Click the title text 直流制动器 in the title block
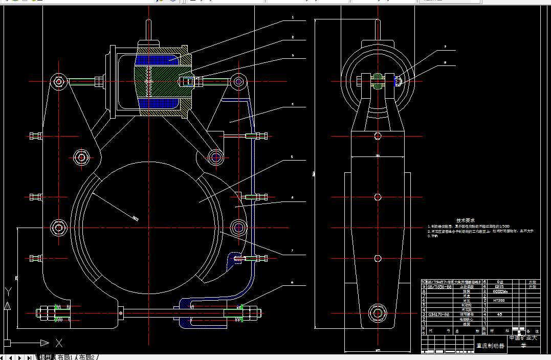(490, 346)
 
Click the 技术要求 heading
(476, 219)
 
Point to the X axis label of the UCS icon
(59, 343)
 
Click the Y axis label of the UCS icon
(8, 292)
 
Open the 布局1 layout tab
(65, 357)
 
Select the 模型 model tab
(46, 357)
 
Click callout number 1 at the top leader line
(293, 17)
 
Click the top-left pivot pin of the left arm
(59, 81)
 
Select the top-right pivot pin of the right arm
(238, 81)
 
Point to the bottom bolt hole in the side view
(378, 312)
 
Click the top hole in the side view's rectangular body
(378, 136)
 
